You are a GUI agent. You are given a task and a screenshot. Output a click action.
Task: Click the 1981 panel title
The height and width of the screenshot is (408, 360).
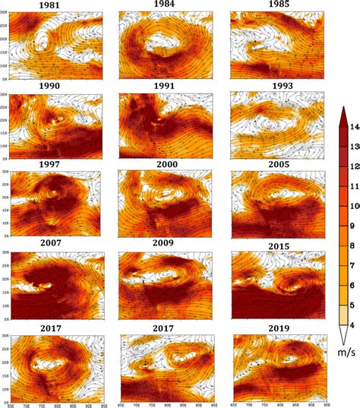click(51, 7)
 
